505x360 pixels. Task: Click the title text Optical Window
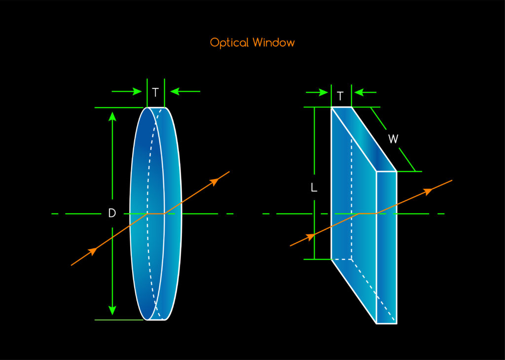tap(252, 42)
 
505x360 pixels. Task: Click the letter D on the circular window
tap(112, 214)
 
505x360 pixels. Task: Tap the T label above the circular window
tap(155, 92)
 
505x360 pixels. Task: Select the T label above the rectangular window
tap(341, 96)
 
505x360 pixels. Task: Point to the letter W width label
tap(393, 140)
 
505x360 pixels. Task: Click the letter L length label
tap(314, 188)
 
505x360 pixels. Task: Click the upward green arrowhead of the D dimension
tap(112, 116)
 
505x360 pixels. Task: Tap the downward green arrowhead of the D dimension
tap(112, 310)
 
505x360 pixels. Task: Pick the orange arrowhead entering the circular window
tap(92, 252)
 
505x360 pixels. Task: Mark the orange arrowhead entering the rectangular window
tap(311, 237)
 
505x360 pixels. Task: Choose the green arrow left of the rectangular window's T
tap(323, 92)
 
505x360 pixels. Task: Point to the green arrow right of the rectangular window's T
tap(359, 92)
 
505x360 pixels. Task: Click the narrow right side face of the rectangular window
tap(387, 247)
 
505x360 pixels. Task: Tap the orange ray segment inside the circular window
tap(155, 214)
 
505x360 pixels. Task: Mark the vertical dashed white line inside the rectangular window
tap(351, 197)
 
